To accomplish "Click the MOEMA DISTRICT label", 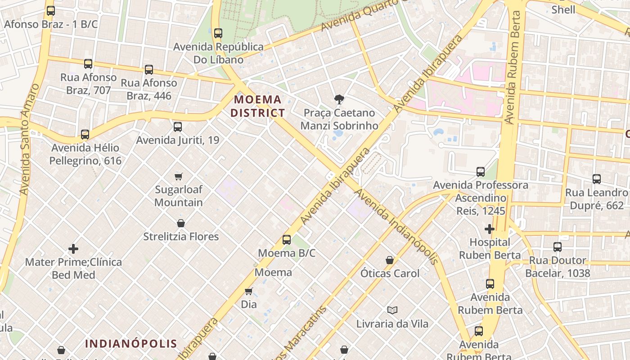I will click(258, 106).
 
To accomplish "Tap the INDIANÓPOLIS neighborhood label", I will click(131, 344).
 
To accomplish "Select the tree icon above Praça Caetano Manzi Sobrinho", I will click(339, 99).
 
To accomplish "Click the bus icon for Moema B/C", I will click(287, 240).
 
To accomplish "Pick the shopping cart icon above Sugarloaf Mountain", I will click(179, 176).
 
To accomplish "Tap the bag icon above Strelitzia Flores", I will click(181, 223).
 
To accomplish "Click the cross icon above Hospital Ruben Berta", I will click(490, 229).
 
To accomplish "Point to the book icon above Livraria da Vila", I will click(392, 310).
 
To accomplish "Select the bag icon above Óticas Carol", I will click(390, 260).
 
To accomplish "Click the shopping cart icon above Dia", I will click(248, 291).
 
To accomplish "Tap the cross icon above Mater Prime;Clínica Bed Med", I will click(73, 248).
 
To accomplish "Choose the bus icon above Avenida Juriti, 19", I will click(178, 127).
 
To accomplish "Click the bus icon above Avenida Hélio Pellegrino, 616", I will click(85, 134).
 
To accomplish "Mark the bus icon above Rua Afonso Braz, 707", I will click(88, 64).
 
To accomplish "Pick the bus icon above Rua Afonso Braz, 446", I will click(149, 70).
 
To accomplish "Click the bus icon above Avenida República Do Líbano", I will click(218, 33).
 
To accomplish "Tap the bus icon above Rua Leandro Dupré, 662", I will click(597, 179).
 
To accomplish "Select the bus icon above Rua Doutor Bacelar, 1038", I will click(558, 247).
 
